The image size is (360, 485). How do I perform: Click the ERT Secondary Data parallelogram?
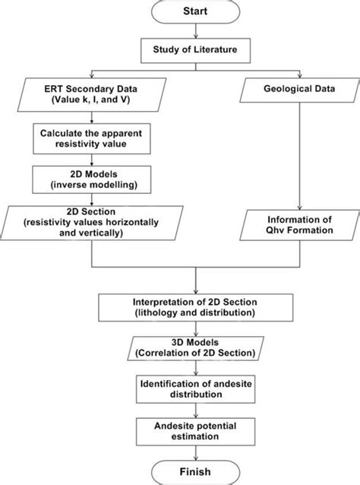point(92,94)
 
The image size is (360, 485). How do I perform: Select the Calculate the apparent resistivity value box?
point(92,138)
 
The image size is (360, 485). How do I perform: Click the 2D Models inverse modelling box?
point(92,179)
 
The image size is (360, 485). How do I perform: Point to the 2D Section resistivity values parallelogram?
point(92,223)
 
